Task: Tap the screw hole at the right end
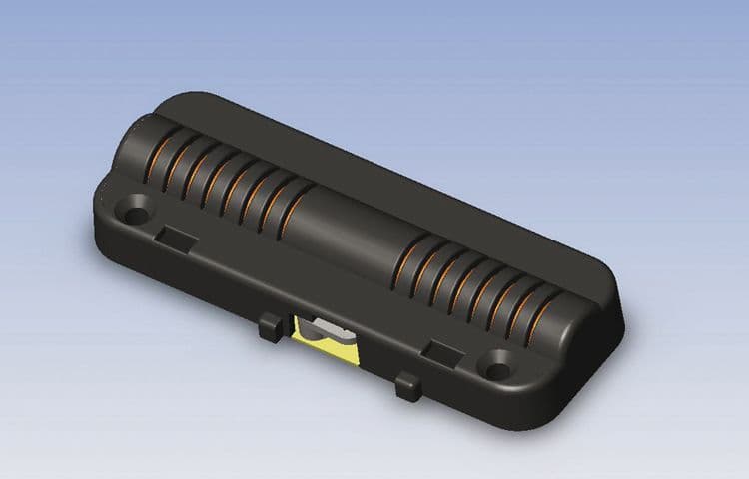496,366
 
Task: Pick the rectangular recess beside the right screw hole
443,350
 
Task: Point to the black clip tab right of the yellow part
406,385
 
